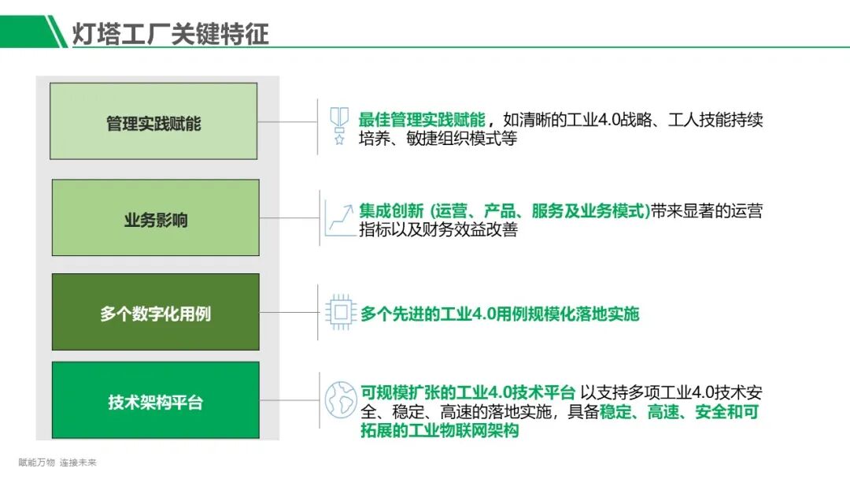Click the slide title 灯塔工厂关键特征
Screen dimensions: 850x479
coord(171,33)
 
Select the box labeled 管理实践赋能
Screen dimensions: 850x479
coord(153,121)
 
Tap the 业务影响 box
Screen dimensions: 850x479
coord(155,218)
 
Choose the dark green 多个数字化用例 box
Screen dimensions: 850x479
coord(155,313)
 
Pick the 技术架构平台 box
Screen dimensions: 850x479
coord(155,401)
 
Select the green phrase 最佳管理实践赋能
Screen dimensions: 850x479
coord(421,120)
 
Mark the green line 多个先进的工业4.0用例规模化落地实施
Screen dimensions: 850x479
coord(500,314)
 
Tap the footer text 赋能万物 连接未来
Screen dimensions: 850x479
coord(57,462)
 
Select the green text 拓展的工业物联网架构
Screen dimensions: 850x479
coord(439,431)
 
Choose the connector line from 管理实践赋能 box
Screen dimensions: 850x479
coord(287,121)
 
